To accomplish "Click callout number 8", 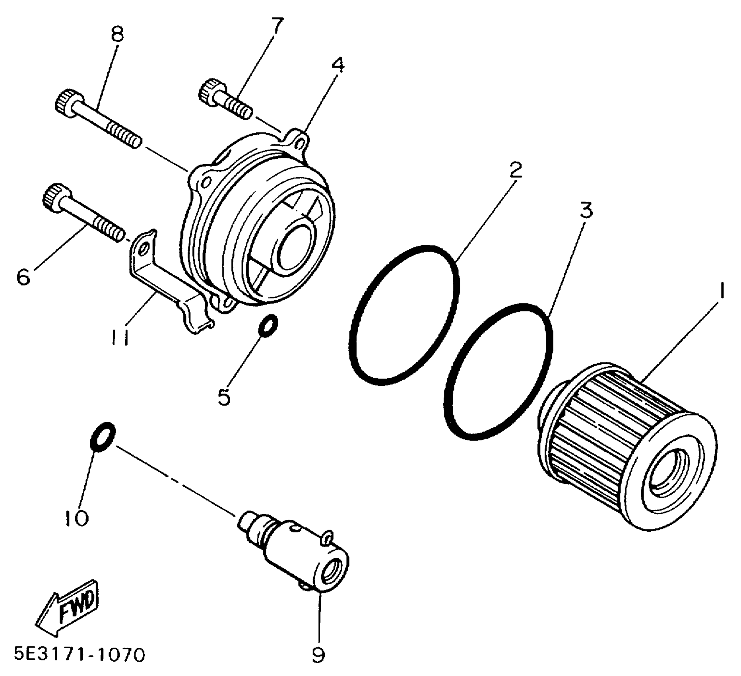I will click(x=117, y=35).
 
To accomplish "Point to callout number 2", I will click(x=515, y=170).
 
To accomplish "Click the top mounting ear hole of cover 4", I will click(x=301, y=141).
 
